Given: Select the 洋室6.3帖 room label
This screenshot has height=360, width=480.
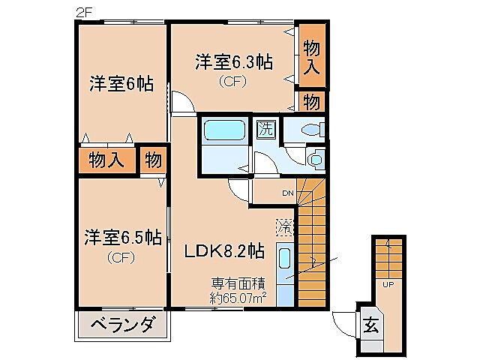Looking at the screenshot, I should (233, 63).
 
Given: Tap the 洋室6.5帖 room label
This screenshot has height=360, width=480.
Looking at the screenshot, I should (122, 238).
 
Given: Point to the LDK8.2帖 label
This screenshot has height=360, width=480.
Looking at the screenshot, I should (224, 250).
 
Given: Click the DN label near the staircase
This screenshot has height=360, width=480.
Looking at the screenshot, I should (287, 193).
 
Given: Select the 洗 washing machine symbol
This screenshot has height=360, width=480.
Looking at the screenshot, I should (265, 129).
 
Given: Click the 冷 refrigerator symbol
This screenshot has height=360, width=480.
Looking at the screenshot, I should (284, 225).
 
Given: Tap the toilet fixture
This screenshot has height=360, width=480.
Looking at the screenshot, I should (310, 130).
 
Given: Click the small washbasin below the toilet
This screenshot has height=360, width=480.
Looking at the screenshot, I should (315, 158).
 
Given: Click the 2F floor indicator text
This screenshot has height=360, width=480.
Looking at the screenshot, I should (83, 11).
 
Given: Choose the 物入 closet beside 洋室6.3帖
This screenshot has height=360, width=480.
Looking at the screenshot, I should (312, 57).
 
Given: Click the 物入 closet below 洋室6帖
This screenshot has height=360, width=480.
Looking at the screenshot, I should (106, 160).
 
